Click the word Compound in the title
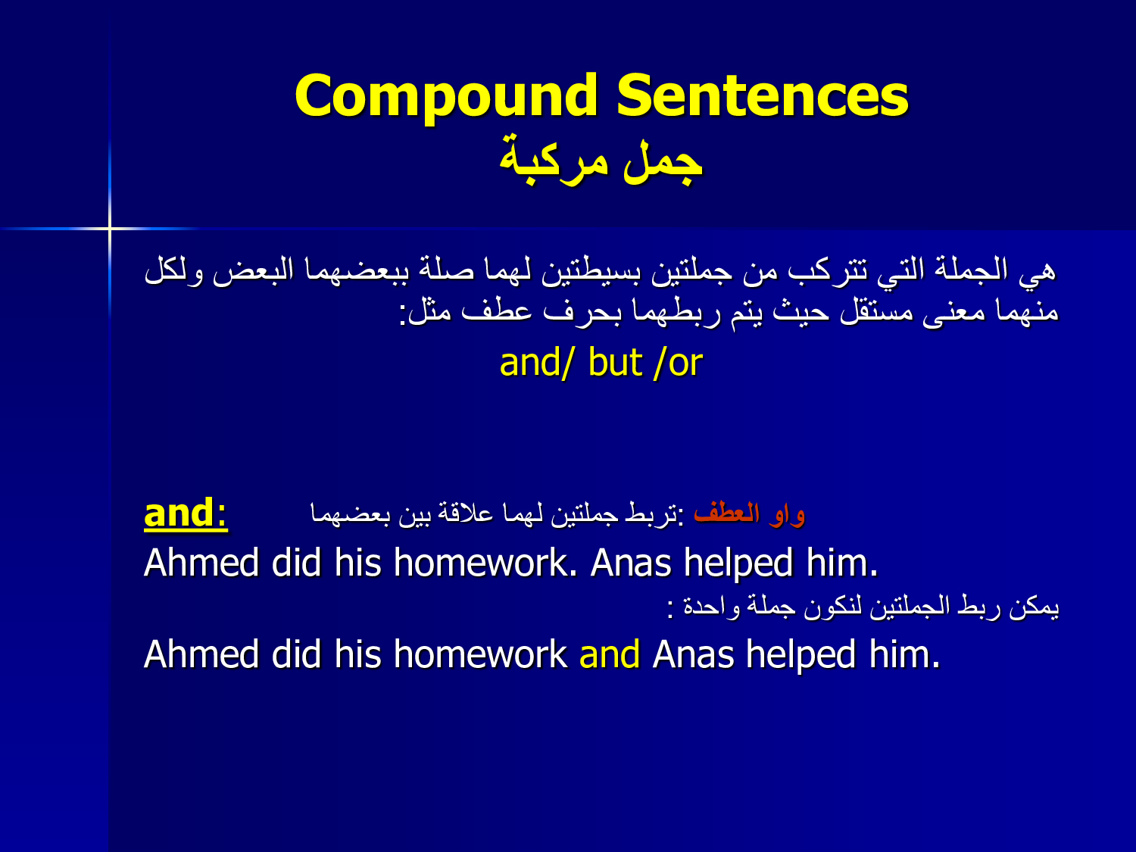click(447, 97)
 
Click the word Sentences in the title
click(763, 95)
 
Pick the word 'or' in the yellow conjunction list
click(685, 364)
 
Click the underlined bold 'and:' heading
click(186, 513)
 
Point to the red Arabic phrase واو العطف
click(749, 513)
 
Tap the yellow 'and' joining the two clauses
click(610, 654)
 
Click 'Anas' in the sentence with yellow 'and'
click(693, 654)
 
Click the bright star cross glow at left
click(110, 228)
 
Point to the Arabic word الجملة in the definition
click(972, 270)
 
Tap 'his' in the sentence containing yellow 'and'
click(357, 654)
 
